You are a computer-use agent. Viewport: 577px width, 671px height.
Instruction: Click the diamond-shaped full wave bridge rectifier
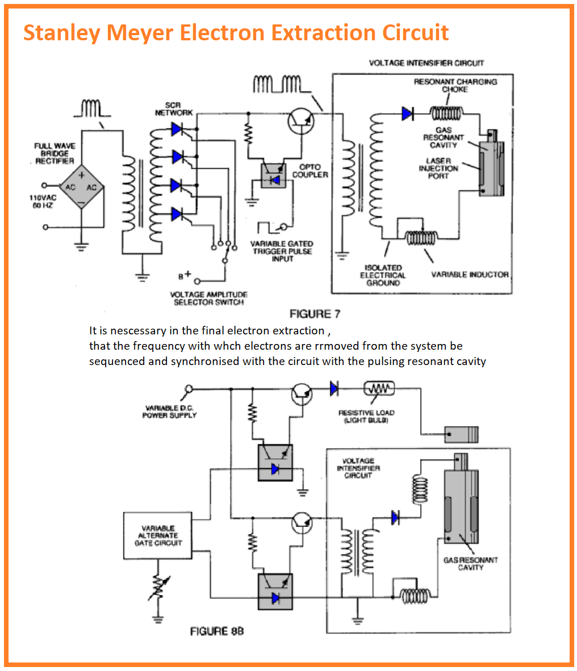tap(81, 187)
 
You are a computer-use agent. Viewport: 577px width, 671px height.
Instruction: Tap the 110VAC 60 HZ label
tap(43, 202)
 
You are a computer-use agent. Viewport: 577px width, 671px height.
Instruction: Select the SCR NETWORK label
tap(173, 108)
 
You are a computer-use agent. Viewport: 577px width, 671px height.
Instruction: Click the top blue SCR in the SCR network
tap(177, 129)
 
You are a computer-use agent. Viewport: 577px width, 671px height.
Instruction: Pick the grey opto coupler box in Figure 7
tap(273, 176)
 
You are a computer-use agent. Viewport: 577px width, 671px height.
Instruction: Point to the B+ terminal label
tap(185, 275)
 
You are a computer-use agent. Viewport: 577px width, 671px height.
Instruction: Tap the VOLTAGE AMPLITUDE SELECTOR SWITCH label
tap(208, 298)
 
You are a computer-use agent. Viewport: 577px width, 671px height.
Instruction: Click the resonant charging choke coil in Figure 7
tap(446, 114)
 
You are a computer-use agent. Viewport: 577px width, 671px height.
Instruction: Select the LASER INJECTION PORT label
tap(438, 168)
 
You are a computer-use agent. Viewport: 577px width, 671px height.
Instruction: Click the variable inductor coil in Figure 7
tap(421, 237)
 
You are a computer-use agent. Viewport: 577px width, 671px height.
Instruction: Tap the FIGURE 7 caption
tap(315, 314)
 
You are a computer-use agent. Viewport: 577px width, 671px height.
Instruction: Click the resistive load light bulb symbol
tap(379, 388)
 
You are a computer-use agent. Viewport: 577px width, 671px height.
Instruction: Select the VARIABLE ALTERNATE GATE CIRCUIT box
tap(157, 535)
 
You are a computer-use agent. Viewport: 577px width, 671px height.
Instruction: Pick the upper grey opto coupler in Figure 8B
tap(275, 463)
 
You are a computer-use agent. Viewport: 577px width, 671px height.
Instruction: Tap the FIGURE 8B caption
tap(217, 631)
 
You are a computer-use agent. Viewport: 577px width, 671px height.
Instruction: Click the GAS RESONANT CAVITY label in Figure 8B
tap(470, 564)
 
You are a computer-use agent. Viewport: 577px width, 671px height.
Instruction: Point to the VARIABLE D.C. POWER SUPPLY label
tap(169, 411)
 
